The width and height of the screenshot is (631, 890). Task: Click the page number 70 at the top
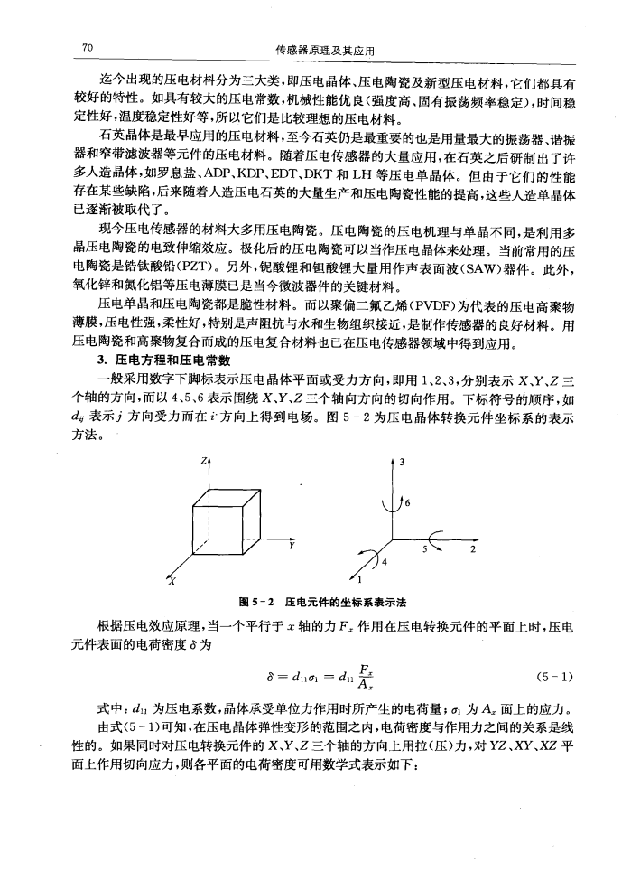click(88, 47)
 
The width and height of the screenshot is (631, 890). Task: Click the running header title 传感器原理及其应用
click(323, 48)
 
